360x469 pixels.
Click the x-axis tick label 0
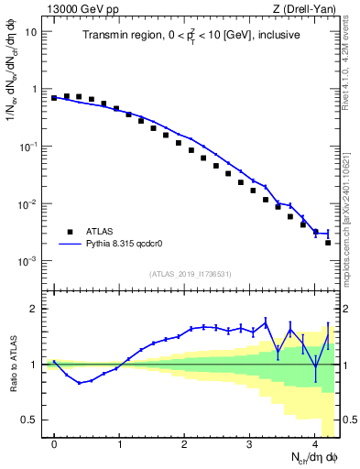coord(54,442)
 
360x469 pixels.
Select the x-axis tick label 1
coord(119,442)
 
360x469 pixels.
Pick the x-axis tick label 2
coord(184,442)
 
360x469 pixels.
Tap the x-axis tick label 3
coord(249,442)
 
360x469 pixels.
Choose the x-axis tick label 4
coord(314,442)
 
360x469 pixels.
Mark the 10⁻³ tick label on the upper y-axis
coord(27,261)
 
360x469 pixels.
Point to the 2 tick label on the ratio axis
coord(35,309)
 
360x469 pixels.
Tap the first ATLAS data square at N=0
coord(54,97)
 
